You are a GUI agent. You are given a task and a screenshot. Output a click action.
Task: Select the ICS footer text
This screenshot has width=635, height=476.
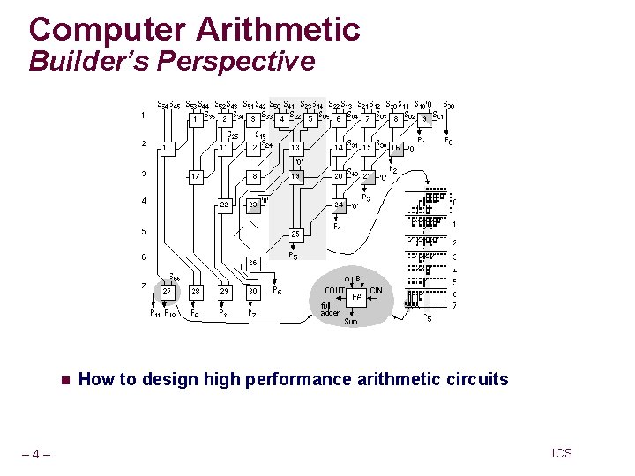pos(562,453)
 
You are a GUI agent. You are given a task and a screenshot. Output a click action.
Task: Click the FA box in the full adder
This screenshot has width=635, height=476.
pos(356,297)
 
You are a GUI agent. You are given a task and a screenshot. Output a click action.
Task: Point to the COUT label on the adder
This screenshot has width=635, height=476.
pos(335,290)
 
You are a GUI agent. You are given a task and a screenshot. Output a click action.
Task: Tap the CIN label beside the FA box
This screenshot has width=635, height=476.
pos(377,290)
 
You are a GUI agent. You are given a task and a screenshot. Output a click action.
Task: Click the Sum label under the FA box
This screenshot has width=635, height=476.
pos(350,322)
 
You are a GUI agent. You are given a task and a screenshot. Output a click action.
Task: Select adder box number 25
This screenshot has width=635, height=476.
pos(297,234)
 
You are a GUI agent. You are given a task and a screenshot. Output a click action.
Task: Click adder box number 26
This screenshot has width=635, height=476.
pos(252,262)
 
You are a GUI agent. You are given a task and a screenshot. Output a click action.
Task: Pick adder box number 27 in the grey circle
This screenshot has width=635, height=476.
pos(167,290)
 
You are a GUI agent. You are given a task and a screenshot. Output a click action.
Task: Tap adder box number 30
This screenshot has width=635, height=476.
pos(252,290)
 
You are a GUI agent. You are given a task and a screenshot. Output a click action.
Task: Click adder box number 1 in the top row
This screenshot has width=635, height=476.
pos(195,119)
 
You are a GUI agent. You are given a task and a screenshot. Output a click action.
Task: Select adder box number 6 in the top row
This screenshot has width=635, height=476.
pos(339,119)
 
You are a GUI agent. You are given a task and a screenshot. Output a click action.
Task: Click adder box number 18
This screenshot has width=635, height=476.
pos(252,176)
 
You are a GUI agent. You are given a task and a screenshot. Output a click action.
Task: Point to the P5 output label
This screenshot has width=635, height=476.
pos(293,257)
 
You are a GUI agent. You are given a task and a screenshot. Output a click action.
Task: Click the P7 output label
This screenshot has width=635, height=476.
pos(252,313)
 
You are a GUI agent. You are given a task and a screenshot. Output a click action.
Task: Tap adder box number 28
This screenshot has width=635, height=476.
pos(196,290)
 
